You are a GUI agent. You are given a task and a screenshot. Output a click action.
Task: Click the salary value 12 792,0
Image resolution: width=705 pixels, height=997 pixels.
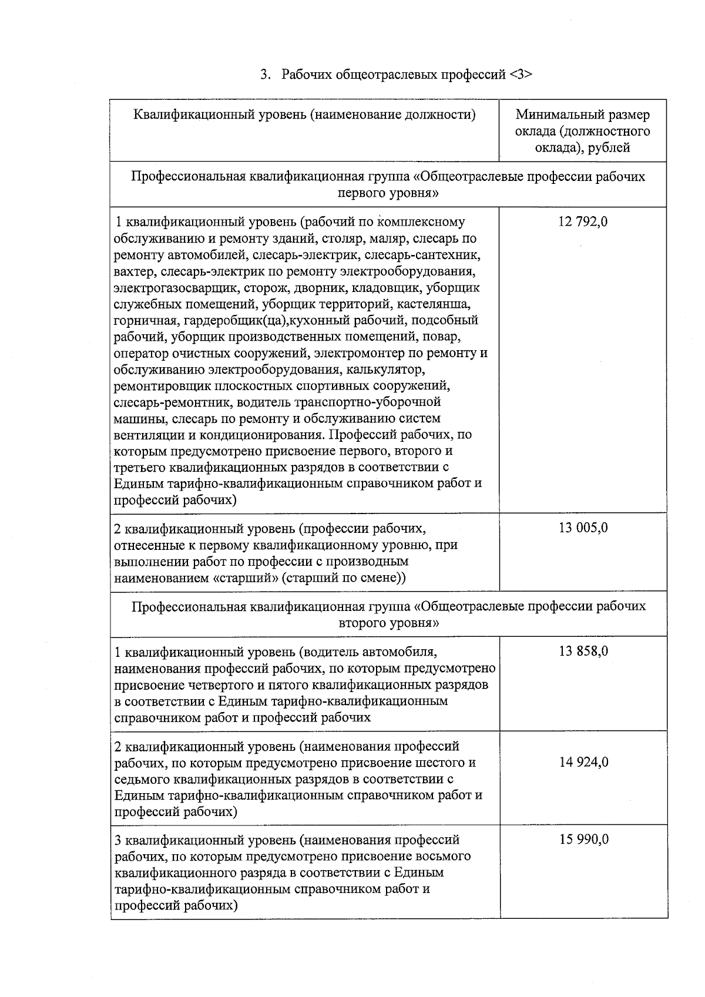pos(583,222)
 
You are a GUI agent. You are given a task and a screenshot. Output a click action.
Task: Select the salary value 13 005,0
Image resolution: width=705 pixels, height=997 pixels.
pos(583,528)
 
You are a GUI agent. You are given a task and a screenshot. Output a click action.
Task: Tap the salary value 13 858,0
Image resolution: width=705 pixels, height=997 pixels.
pos(583,651)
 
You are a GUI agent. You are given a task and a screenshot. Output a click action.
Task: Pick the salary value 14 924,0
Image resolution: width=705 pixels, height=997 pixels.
pos(583,762)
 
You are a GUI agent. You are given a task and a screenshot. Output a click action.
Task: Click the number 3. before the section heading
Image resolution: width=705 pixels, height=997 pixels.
pos(266,75)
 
